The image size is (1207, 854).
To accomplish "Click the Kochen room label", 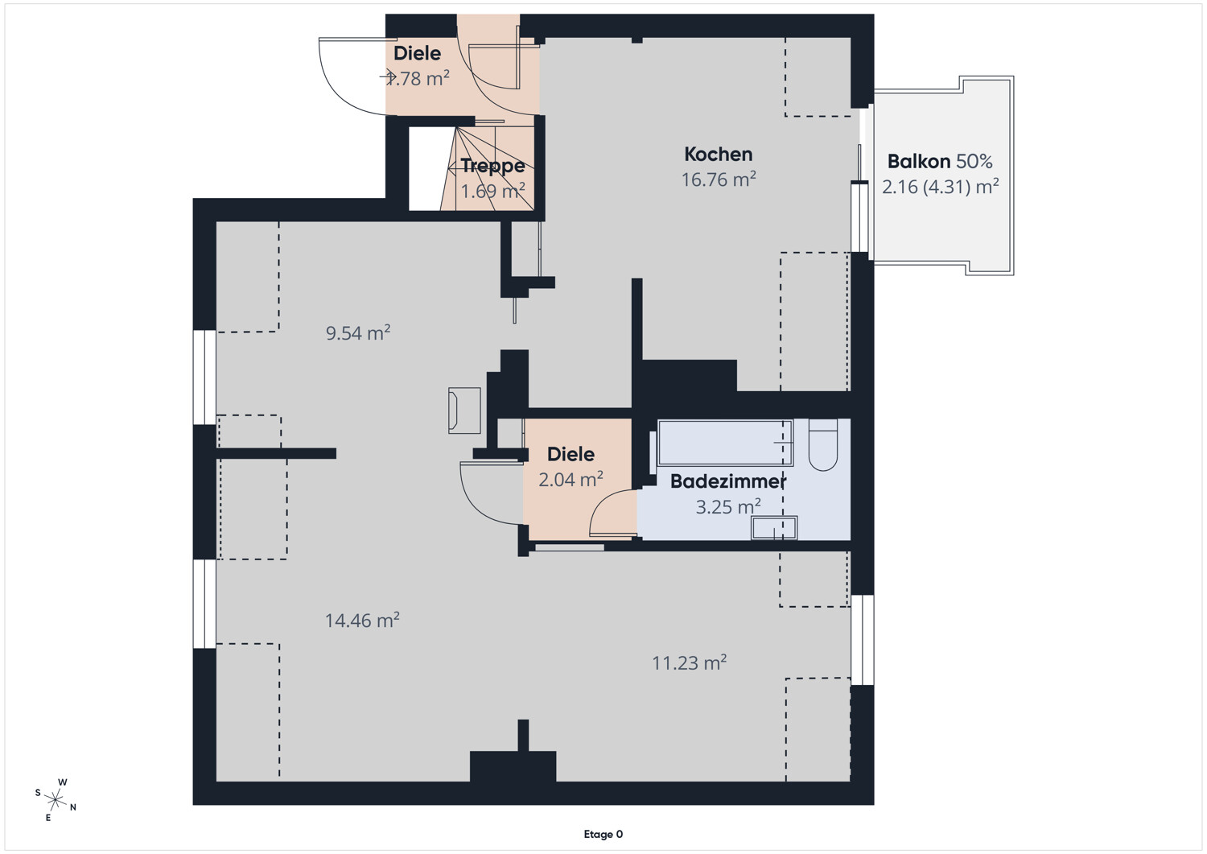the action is [x=719, y=155].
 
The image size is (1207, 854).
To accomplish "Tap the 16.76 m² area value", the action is [x=719, y=179].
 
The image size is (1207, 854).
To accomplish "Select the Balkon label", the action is [x=919, y=161].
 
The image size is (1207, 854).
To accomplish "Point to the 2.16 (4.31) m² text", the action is [x=941, y=187].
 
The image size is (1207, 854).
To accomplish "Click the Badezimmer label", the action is [x=728, y=481].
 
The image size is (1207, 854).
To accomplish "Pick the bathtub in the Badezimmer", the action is [x=725, y=443].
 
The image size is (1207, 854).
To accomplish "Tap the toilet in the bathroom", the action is [x=823, y=445].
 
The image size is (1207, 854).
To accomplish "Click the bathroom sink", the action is [x=774, y=528].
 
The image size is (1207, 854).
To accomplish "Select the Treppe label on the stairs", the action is [x=492, y=166].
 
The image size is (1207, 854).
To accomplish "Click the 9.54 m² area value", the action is [x=358, y=332].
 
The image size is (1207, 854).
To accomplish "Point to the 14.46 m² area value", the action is [x=362, y=621].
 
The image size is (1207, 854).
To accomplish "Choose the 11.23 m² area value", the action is [x=689, y=662].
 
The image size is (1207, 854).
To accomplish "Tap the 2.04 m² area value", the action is [x=571, y=479].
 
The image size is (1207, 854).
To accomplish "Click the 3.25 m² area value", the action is [x=728, y=507].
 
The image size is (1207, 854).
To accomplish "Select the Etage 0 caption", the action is [x=603, y=834].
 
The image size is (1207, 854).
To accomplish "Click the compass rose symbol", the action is [x=56, y=799].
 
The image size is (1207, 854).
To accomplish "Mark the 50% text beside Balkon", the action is [x=974, y=161].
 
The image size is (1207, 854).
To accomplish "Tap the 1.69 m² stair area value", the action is [x=492, y=191].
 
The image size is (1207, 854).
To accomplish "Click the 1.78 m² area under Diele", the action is [x=418, y=79].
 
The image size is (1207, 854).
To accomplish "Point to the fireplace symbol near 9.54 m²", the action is [x=464, y=410].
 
